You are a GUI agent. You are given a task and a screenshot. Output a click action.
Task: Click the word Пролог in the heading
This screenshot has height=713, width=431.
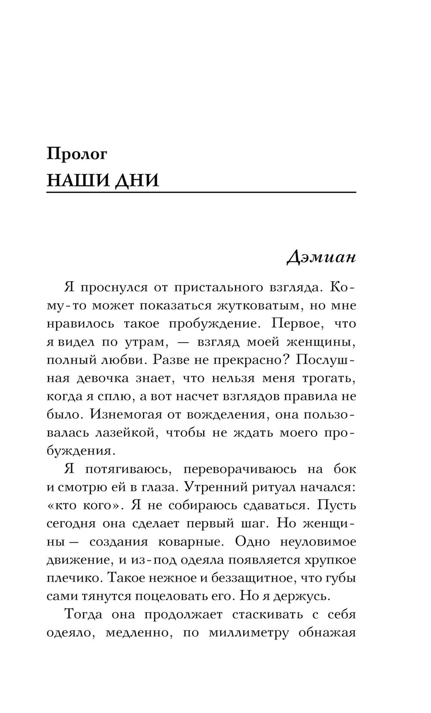point(77,154)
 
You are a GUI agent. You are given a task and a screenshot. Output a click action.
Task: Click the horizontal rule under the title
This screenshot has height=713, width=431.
point(201,192)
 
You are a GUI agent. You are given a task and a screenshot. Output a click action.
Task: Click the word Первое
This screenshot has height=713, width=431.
point(293,324)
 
